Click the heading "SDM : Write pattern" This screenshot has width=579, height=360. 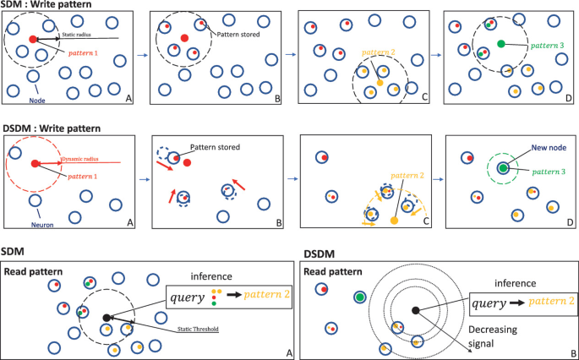46,5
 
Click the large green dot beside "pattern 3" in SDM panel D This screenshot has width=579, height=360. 501,43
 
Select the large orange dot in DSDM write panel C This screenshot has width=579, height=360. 395,221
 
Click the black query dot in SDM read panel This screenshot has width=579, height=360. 107,319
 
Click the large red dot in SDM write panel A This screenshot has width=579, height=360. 33,39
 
